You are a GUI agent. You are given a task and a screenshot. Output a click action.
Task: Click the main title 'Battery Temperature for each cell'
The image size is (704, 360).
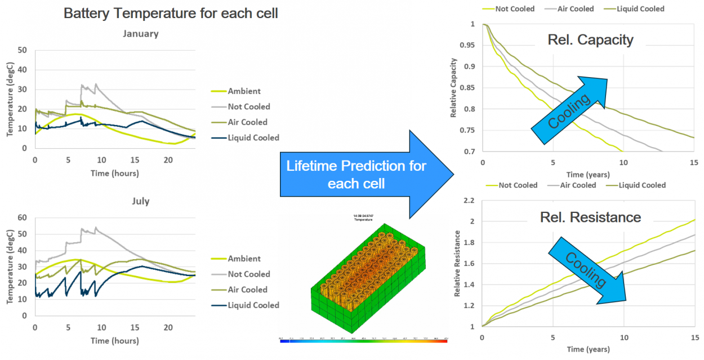170,13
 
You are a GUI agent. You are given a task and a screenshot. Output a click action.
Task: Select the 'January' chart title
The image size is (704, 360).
141,34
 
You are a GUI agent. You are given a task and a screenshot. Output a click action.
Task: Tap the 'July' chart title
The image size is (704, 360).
141,201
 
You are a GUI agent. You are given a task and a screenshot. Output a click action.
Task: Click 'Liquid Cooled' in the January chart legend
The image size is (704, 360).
253,137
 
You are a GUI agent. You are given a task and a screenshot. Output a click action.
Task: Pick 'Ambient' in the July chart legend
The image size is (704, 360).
244,259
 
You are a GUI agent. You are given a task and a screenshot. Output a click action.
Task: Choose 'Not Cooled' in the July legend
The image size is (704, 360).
249,274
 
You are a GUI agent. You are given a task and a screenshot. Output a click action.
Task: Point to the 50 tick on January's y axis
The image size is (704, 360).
23,50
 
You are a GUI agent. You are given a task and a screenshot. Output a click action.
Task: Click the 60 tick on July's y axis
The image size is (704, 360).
23,217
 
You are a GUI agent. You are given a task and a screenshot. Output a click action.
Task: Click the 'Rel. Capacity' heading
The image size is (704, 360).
590,39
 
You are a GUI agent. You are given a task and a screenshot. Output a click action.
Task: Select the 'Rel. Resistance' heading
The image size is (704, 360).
590,217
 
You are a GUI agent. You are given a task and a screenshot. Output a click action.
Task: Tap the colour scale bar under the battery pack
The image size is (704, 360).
363,341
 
